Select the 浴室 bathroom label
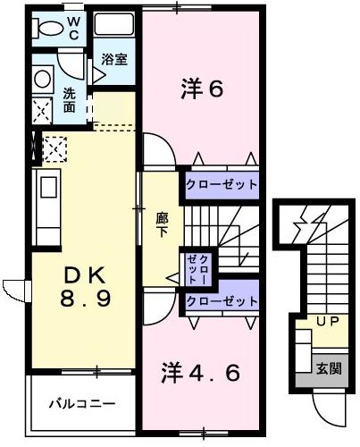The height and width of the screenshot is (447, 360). point(113,61)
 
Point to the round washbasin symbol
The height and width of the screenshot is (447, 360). point(41,79)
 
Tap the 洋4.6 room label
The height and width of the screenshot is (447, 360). point(200,372)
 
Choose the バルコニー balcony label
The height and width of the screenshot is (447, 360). point(81,404)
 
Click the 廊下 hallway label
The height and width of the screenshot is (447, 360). point(162,223)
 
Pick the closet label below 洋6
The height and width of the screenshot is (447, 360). point(222,187)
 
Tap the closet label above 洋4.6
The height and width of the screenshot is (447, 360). point(222,301)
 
